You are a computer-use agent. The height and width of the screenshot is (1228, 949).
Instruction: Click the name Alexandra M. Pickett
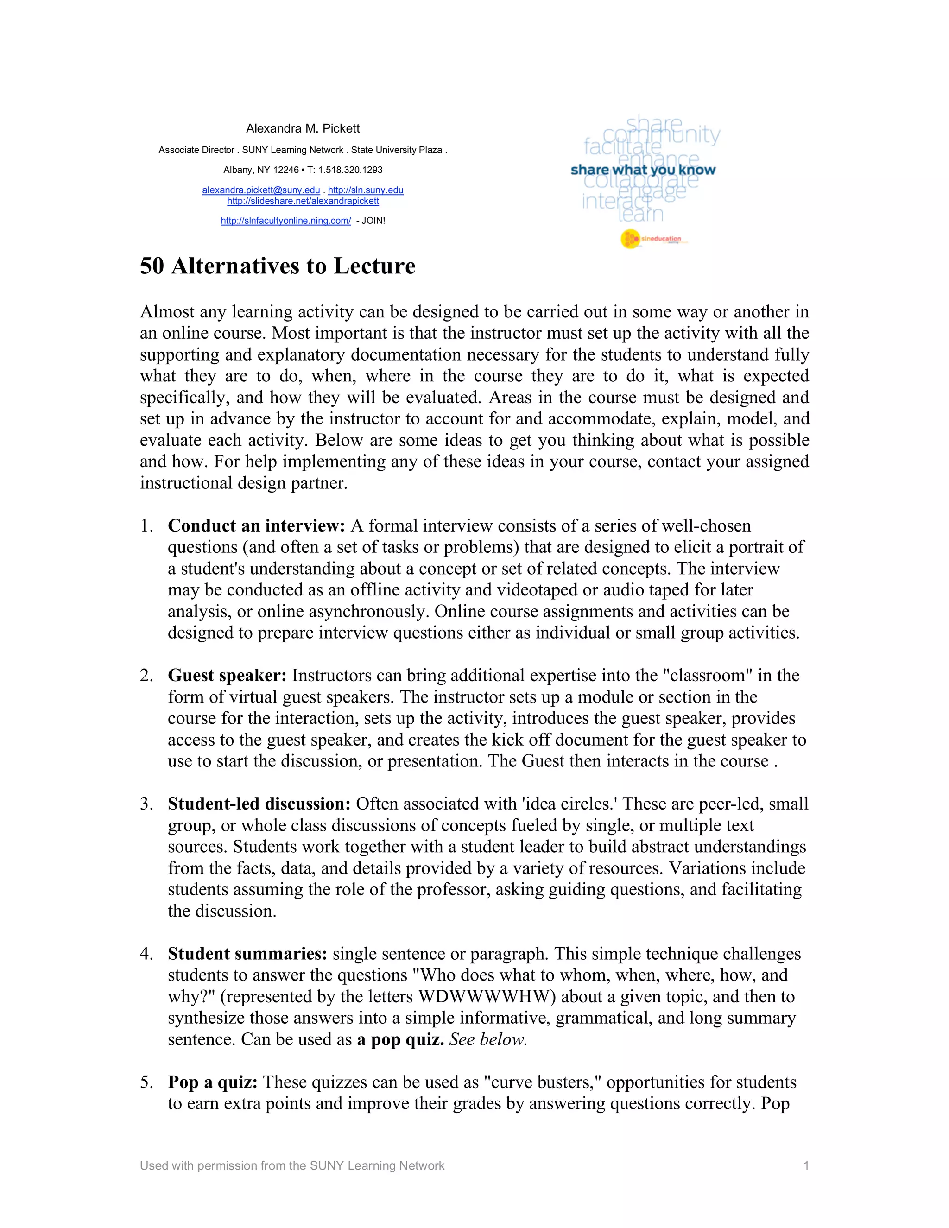pyautogui.click(x=303, y=128)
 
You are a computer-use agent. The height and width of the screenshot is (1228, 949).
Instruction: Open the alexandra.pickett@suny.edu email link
pyautogui.click(x=261, y=190)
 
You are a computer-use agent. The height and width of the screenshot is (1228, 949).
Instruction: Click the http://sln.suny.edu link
pyautogui.click(x=366, y=190)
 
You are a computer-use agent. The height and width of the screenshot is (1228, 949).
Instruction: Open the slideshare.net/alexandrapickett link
pyautogui.click(x=303, y=201)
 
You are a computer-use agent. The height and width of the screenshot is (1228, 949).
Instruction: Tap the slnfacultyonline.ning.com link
pyautogui.click(x=285, y=221)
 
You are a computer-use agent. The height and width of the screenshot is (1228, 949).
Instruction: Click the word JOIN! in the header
pyautogui.click(x=373, y=221)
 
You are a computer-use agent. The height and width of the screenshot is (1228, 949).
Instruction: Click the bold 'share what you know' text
pyautogui.click(x=643, y=170)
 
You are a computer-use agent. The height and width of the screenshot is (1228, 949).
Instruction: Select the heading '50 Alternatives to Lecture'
pyautogui.click(x=277, y=266)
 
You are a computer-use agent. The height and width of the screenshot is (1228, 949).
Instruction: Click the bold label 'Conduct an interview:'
pyautogui.click(x=256, y=526)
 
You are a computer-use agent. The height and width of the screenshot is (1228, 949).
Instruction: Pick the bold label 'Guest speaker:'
pyautogui.click(x=227, y=675)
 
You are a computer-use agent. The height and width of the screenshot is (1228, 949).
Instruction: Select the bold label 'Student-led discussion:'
pyautogui.click(x=259, y=804)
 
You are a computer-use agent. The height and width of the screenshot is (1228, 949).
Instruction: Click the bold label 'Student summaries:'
pyautogui.click(x=247, y=954)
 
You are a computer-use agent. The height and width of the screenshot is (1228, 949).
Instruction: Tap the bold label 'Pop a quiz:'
pyautogui.click(x=213, y=1082)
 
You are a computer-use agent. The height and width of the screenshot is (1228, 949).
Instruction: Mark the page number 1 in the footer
pyautogui.click(x=806, y=1165)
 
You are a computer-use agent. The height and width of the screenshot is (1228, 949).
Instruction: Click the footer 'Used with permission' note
pyautogui.click(x=292, y=1165)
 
